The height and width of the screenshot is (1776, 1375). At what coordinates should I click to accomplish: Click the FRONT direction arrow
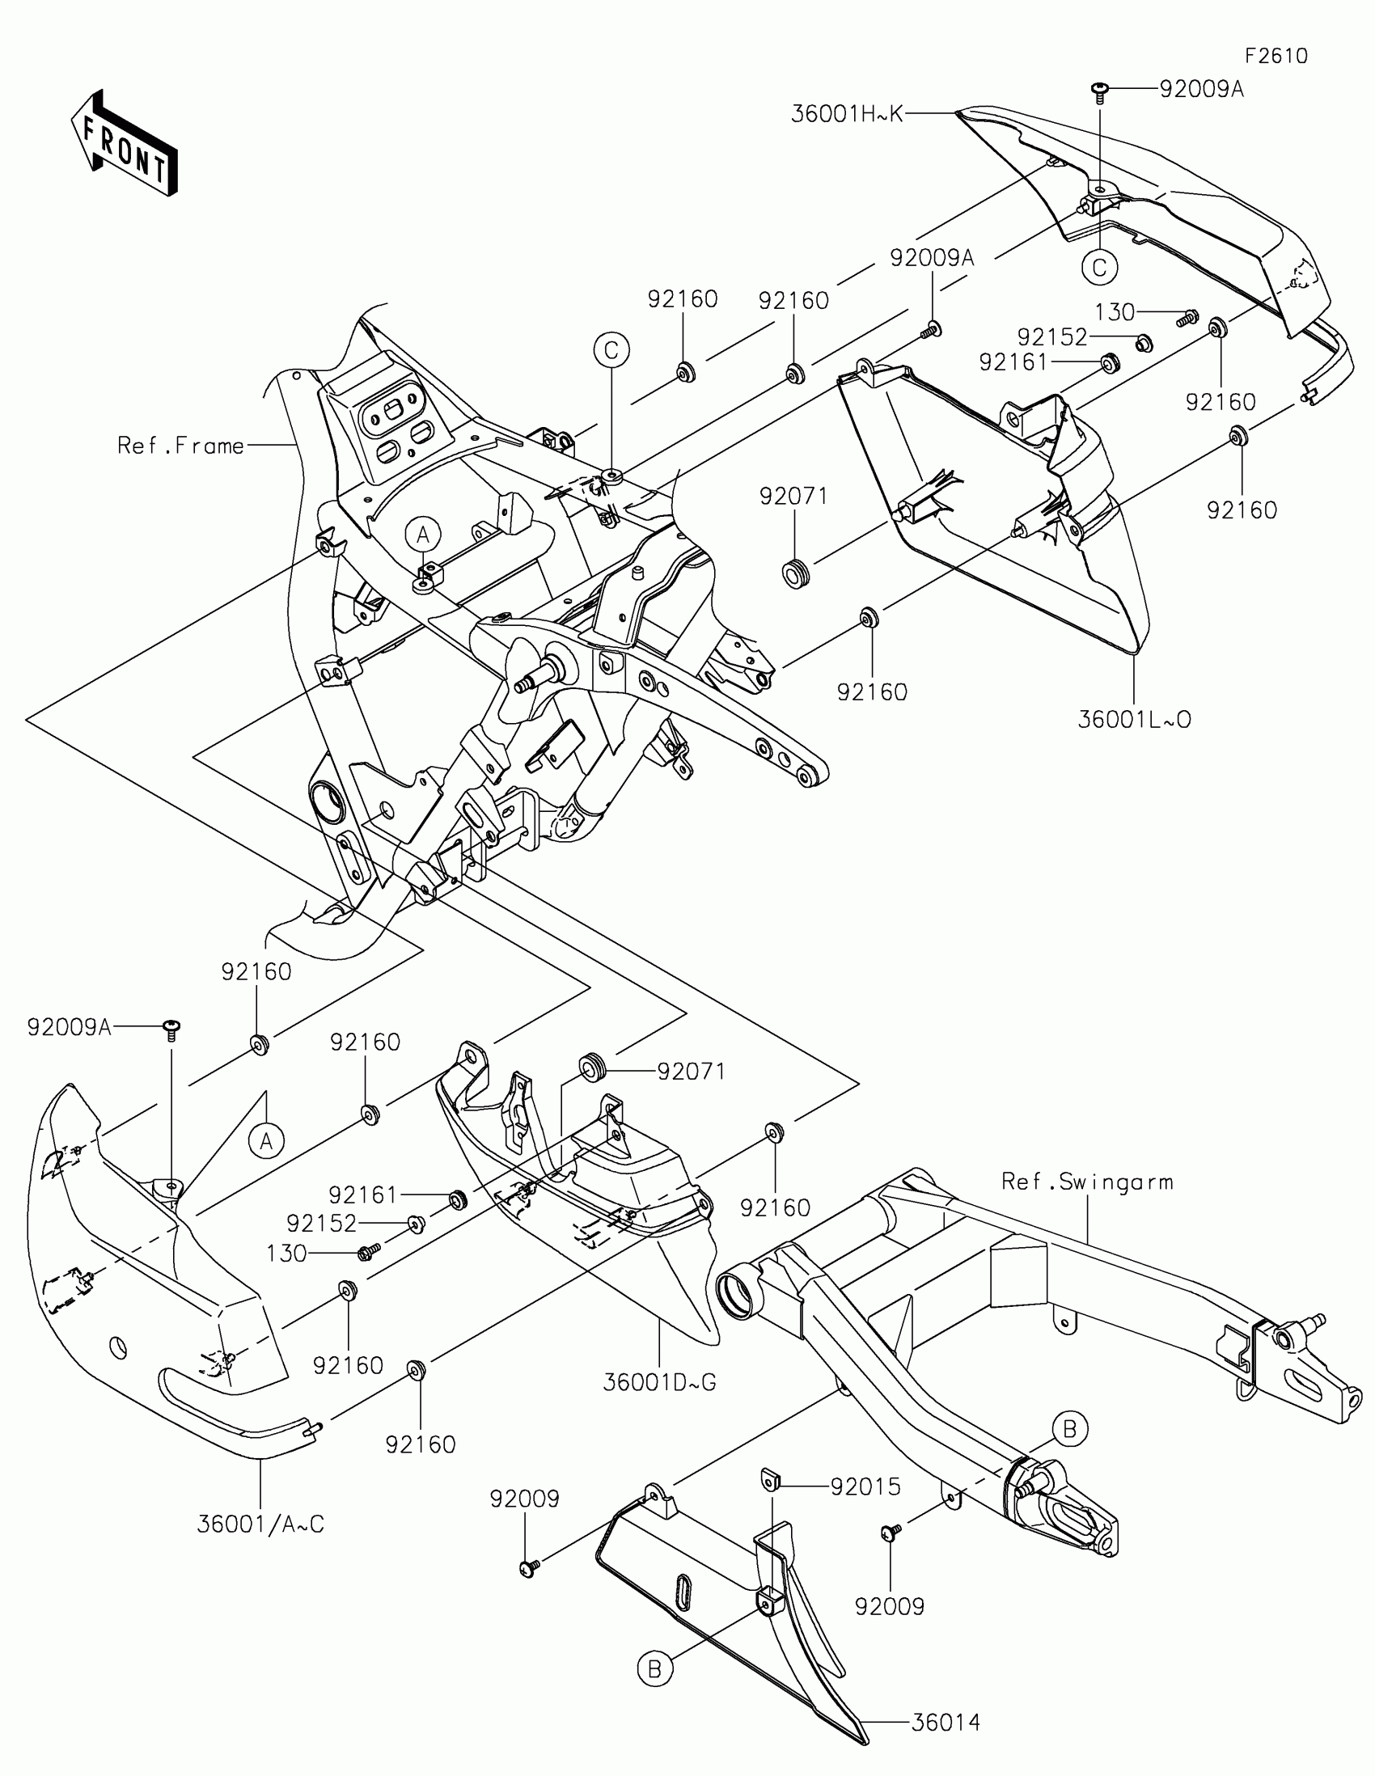[125, 143]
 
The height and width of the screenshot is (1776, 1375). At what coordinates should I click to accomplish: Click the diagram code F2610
[1276, 56]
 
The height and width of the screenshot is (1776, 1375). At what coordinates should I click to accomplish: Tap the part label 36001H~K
[847, 114]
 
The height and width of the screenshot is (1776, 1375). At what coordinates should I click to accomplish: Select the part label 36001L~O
[1134, 720]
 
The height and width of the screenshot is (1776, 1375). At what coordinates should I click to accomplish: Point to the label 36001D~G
[659, 1382]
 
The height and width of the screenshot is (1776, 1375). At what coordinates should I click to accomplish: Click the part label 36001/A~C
[260, 1524]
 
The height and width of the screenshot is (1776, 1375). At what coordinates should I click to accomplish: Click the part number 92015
[865, 1487]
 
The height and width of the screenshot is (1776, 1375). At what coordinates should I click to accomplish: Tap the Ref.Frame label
[180, 446]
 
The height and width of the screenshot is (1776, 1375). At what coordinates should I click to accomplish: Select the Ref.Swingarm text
[1087, 1182]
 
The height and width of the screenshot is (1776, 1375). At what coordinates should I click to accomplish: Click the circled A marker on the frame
[423, 535]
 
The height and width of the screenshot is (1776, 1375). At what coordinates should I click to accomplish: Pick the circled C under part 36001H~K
[1099, 267]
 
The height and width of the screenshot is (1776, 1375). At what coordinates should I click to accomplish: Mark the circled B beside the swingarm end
[1069, 1429]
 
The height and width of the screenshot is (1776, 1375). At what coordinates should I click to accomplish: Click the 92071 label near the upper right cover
[793, 496]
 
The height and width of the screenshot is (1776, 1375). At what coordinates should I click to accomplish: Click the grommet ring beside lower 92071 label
[590, 1068]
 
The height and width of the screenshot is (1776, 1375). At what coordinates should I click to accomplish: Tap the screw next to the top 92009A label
[1100, 91]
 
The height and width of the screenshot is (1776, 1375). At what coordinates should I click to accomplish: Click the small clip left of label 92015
[770, 1478]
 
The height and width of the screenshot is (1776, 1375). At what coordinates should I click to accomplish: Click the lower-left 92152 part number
[321, 1223]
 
